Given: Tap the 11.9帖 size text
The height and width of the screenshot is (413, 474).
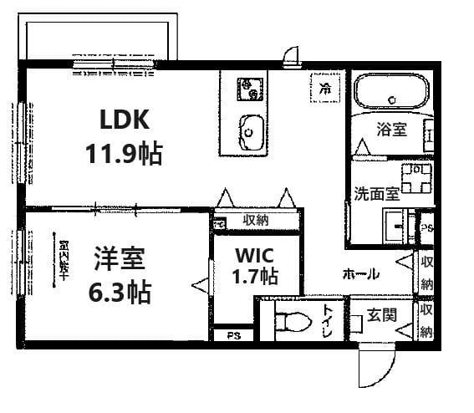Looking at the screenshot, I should pos(124,154).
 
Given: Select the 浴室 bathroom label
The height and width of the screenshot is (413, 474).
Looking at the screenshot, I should pos(391,130).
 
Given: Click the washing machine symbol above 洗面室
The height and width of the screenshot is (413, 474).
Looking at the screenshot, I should pos(415,176).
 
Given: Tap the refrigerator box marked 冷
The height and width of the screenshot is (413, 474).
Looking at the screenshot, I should pos(323,87).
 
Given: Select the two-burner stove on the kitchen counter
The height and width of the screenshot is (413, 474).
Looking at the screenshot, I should pos(247,87).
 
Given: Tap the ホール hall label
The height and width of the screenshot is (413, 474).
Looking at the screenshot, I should pos(360,273).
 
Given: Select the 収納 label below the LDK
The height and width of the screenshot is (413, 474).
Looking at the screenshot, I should pos(256,220).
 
